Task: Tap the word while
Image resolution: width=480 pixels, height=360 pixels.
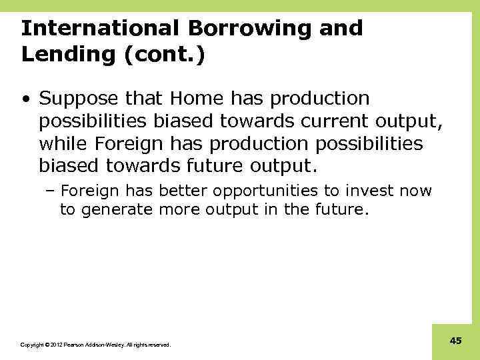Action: (64, 143)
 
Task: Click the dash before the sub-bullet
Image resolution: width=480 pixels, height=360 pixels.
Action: (51, 192)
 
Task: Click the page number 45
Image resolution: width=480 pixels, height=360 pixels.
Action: (456, 341)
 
